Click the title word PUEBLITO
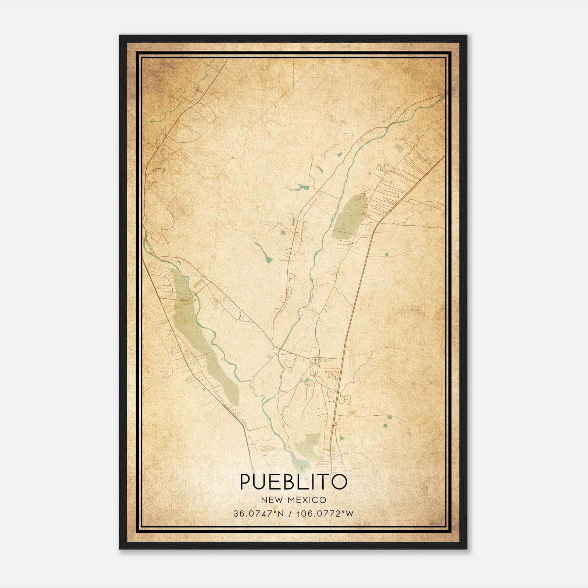293,482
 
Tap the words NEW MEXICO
293,500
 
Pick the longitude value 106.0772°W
325,513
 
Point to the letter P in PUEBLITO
245,482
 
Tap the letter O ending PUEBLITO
340,482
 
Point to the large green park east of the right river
350,217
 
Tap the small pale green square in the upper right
398,148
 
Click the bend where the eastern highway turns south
379,222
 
